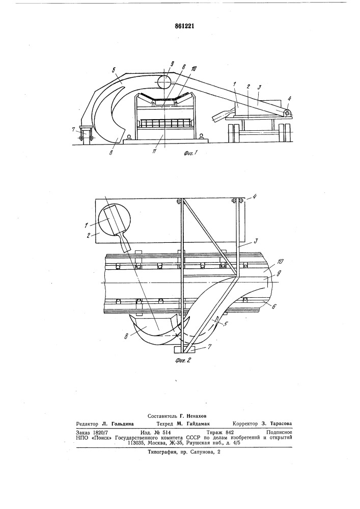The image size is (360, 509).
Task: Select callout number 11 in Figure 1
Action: click(x=154, y=151)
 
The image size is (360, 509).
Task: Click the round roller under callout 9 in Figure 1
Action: click(x=164, y=81)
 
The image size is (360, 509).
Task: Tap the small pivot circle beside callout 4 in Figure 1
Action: click(x=287, y=114)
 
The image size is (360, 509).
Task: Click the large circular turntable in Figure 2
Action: click(x=115, y=223)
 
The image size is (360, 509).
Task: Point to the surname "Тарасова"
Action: click(x=281, y=423)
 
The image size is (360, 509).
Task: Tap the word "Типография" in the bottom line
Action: click(x=160, y=452)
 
